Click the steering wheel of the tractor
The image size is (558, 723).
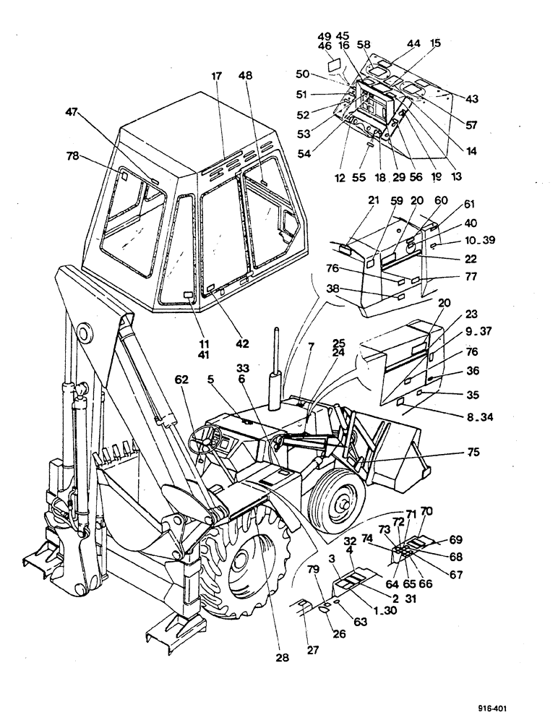pyautogui.click(x=207, y=439)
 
